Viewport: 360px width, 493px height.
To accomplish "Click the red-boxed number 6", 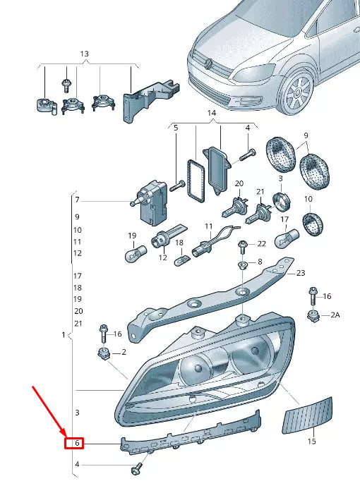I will coord(73,444).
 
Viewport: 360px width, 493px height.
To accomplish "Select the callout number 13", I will coord(85,54).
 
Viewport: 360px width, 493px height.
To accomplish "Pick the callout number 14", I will coord(211,113).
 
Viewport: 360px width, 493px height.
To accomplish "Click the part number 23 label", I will coord(300,273).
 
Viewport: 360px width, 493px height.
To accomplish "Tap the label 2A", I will coord(335,316).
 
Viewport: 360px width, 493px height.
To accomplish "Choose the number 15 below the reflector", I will coord(311,442).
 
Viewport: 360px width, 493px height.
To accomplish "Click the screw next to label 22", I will coord(243,245).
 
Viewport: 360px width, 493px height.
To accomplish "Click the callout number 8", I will coord(259,262).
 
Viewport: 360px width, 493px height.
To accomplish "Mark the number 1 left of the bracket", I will coord(64,334).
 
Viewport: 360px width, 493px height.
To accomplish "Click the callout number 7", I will coord(77,200).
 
